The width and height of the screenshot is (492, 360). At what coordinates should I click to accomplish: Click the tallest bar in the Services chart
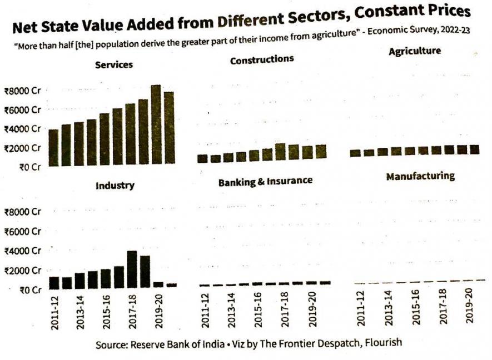pyautogui.click(x=156, y=125)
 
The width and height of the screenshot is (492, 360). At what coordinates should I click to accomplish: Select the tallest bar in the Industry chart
pyautogui.click(x=132, y=270)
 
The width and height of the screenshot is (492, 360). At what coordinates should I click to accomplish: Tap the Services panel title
pyautogui.click(x=114, y=65)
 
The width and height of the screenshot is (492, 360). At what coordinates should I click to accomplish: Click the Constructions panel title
pyautogui.click(x=262, y=59)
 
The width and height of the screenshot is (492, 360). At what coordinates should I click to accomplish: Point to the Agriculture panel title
pyautogui.click(x=415, y=51)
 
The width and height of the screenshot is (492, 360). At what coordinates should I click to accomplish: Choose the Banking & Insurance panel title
pyautogui.click(x=265, y=182)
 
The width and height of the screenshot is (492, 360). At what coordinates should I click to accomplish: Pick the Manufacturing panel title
pyautogui.click(x=420, y=177)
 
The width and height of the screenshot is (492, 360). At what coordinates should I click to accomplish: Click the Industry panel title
pyautogui.click(x=115, y=186)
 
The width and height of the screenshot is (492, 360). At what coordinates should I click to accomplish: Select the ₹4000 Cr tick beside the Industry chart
pyautogui.click(x=23, y=251)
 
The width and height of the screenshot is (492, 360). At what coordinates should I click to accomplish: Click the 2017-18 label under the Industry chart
pyautogui.click(x=133, y=315)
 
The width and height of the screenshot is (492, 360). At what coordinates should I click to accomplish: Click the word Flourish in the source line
pyautogui.click(x=383, y=343)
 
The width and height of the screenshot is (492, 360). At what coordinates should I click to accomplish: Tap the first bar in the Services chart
pyautogui.click(x=53, y=147)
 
